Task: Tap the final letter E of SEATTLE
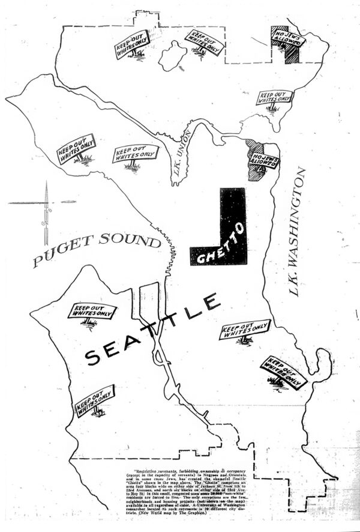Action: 209,301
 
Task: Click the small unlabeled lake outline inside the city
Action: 174,54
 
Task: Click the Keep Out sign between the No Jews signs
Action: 274,98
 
